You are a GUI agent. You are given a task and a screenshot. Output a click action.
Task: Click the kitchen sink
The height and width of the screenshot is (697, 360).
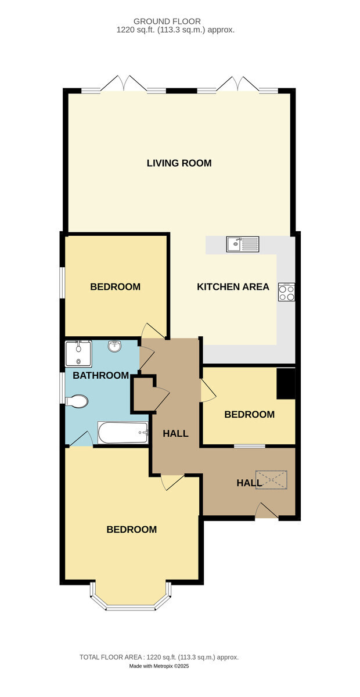click(242, 244)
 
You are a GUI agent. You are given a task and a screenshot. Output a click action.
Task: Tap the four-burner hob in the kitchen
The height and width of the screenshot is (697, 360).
click(286, 292)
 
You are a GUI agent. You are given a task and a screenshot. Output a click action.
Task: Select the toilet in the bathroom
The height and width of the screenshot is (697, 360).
click(77, 401)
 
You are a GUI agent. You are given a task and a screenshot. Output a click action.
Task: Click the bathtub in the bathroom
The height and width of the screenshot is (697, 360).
click(123, 433)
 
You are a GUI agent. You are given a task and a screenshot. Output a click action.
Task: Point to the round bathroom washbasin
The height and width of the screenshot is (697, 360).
click(114, 346)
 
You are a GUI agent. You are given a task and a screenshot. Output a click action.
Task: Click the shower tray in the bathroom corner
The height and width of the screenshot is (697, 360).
click(79, 354)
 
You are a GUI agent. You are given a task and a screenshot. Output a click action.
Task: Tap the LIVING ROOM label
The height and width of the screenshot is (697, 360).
click(179, 163)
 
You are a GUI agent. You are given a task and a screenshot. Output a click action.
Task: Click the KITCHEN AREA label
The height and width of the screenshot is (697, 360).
click(233, 286)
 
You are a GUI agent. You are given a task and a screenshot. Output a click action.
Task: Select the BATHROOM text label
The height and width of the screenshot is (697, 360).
click(101, 375)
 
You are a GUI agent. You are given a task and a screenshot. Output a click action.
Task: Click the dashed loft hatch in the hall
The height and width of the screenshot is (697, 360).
click(271, 480)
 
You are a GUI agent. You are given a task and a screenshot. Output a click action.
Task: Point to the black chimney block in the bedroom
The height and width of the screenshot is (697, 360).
click(286, 383)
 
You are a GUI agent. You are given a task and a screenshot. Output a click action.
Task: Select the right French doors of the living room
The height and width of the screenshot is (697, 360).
click(237, 84)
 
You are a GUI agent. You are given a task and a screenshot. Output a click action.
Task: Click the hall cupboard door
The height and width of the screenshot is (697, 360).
click(161, 397)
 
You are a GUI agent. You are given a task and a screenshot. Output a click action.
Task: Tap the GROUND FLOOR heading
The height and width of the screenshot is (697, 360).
click(167, 21)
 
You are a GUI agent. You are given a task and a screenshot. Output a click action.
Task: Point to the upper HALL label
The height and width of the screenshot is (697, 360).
click(175, 433)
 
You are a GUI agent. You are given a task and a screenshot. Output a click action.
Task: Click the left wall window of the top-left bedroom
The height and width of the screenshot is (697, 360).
click(62, 283)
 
